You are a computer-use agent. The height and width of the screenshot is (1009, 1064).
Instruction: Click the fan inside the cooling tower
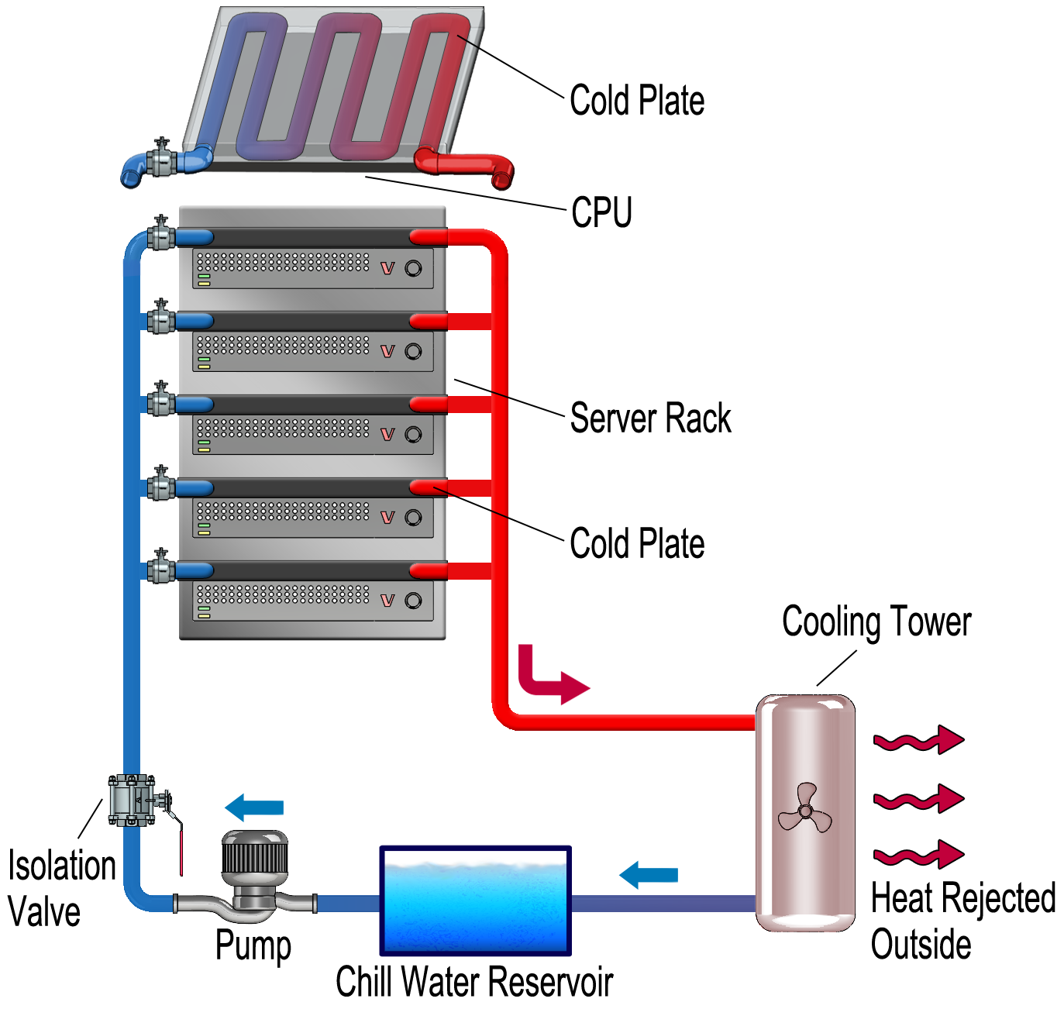(x=804, y=810)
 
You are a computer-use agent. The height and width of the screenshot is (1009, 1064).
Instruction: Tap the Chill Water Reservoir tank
(x=475, y=901)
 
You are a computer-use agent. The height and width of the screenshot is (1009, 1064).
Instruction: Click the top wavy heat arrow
(x=918, y=740)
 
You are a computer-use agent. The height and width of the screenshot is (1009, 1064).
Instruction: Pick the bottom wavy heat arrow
(x=918, y=854)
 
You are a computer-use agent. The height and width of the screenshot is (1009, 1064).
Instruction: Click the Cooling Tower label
(x=876, y=622)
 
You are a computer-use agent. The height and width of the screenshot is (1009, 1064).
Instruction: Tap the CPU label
(x=601, y=212)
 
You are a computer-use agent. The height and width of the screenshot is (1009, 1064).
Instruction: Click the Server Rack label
(x=650, y=418)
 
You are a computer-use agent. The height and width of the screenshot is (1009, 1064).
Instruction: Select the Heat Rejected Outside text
(x=962, y=921)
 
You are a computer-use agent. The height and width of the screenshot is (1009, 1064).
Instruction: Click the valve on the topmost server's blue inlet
(x=161, y=234)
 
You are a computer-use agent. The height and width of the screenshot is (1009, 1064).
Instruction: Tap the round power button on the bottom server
(x=413, y=601)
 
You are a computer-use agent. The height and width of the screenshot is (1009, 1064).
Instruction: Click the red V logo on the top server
(x=387, y=268)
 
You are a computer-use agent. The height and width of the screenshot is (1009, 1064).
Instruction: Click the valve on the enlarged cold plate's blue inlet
(x=162, y=160)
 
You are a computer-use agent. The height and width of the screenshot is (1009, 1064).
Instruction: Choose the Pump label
(x=253, y=945)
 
